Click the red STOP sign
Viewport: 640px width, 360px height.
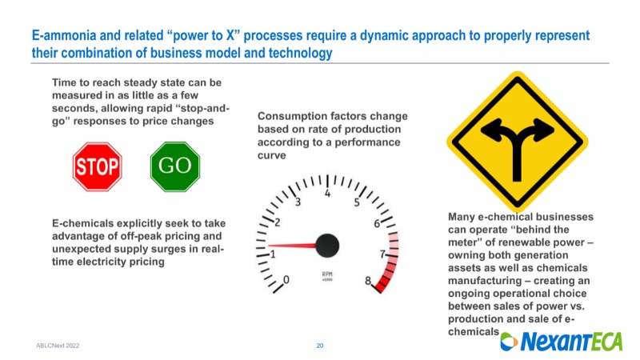[97, 166]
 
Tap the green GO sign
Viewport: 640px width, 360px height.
[175, 166]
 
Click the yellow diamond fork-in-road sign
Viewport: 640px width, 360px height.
[517, 142]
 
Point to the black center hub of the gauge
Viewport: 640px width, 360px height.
[327, 246]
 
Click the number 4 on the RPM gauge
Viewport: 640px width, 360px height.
[327, 193]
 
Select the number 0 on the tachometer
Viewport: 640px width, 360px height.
[286, 279]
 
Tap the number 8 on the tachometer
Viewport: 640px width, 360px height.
[368, 281]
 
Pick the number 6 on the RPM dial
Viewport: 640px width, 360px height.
[377, 223]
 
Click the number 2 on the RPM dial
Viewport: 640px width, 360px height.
[278, 222]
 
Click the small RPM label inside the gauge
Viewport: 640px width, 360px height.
[327, 274]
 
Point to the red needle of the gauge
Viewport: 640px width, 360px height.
[292, 246]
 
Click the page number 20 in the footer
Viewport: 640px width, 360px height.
[319, 346]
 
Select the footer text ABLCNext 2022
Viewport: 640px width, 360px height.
[58, 346]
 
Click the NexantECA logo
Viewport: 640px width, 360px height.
[562, 342]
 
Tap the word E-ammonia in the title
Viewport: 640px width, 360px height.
[64, 35]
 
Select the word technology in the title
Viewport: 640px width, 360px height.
[300, 53]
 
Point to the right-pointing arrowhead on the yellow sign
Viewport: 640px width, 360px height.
[543, 129]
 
